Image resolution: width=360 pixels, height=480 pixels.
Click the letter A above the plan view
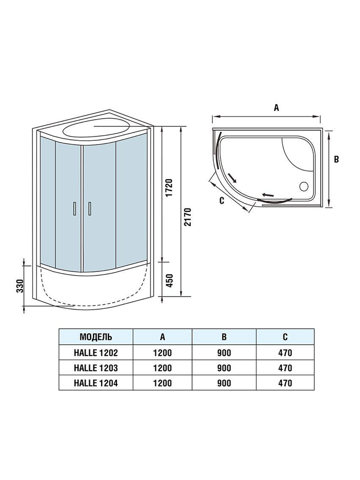tap(276, 108)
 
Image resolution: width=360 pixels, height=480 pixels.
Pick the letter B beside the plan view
tap(336, 159)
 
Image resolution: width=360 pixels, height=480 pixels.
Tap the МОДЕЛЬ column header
tap(96, 337)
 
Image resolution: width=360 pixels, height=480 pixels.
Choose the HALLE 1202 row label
tap(96, 353)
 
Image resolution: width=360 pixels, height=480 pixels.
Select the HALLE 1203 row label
tap(96, 368)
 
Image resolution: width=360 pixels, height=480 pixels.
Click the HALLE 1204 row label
tap(96, 383)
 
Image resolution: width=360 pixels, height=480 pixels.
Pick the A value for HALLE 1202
tap(162, 353)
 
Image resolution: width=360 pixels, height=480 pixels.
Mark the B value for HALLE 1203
tap(224, 368)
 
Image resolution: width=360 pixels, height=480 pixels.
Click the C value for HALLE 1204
tap(285, 383)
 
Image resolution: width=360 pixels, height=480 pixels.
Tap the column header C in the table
tap(285, 337)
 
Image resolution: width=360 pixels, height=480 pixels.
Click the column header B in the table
tap(224, 337)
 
